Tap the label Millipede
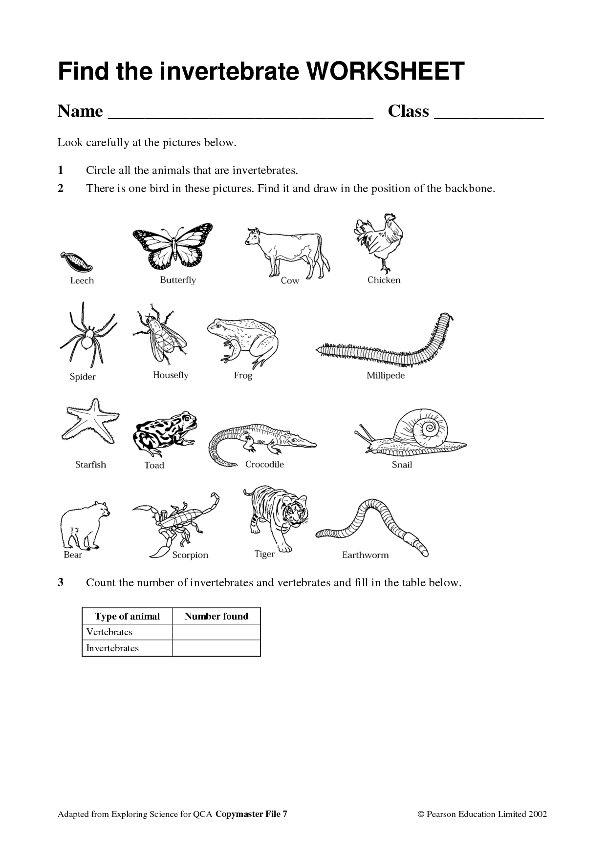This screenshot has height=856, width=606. pyautogui.click(x=386, y=376)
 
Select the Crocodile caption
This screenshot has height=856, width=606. pyautogui.click(x=264, y=464)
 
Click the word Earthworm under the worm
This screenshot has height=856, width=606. pyautogui.click(x=365, y=555)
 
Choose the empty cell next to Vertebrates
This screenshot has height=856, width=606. pyautogui.click(x=216, y=632)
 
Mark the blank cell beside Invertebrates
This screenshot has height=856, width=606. pyautogui.click(x=216, y=648)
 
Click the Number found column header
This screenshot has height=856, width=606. pyautogui.click(x=216, y=616)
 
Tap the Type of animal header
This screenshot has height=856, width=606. pyautogui.click(x=127, y=616)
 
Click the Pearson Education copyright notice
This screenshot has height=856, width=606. pyautogui.click(x=482, y=814)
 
